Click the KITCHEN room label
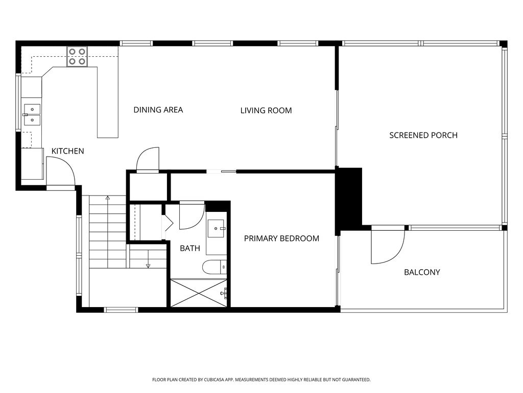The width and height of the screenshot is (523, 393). point(68,151)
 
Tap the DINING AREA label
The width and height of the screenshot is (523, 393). point(158,110)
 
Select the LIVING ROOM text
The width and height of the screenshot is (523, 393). point(266,111)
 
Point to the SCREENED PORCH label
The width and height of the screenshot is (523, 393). point(423,135)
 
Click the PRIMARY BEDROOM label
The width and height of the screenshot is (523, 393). point(281,238)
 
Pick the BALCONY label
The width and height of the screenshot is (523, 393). point(422,272)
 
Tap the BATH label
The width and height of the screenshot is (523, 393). point(190,248)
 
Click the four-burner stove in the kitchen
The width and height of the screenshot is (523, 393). point(77,56)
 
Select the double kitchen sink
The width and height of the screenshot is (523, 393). point(32,115)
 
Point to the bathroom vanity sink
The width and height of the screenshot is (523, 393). point(217,229)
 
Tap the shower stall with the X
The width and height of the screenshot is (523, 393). point(199,293)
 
